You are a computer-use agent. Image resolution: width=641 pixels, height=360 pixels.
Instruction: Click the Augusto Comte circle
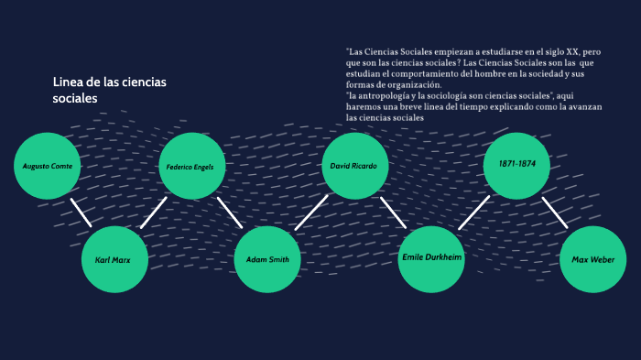pos(49,166)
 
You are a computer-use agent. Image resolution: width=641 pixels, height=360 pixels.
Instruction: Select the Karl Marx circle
pos(114,259)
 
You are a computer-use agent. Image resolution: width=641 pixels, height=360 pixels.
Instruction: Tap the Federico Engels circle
pos(191,167)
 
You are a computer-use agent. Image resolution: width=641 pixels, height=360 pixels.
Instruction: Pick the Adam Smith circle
pos(267,259)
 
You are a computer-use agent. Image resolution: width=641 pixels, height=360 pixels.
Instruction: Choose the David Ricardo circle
pos(356,166)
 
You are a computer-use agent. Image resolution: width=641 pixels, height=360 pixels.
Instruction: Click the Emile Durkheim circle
pos(432,259)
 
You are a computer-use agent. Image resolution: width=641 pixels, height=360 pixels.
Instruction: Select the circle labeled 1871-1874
pos(516,165)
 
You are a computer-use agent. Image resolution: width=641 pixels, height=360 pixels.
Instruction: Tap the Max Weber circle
pos(592,259)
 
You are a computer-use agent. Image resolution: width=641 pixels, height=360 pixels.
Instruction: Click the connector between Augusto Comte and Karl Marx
pos(81,212)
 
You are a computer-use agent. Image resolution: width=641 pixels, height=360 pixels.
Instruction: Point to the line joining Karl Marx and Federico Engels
pos(153,213)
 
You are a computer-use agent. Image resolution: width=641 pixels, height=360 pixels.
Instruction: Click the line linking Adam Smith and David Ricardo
pos(311,213)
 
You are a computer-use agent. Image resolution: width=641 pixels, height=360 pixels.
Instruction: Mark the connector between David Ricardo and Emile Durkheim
pos(393,213)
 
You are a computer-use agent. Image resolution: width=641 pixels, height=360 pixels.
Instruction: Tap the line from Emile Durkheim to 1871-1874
pos(474,213)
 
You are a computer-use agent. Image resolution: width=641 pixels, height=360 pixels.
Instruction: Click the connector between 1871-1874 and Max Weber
pos(555,213)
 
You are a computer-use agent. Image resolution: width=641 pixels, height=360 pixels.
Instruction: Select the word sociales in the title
pos(74,98)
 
